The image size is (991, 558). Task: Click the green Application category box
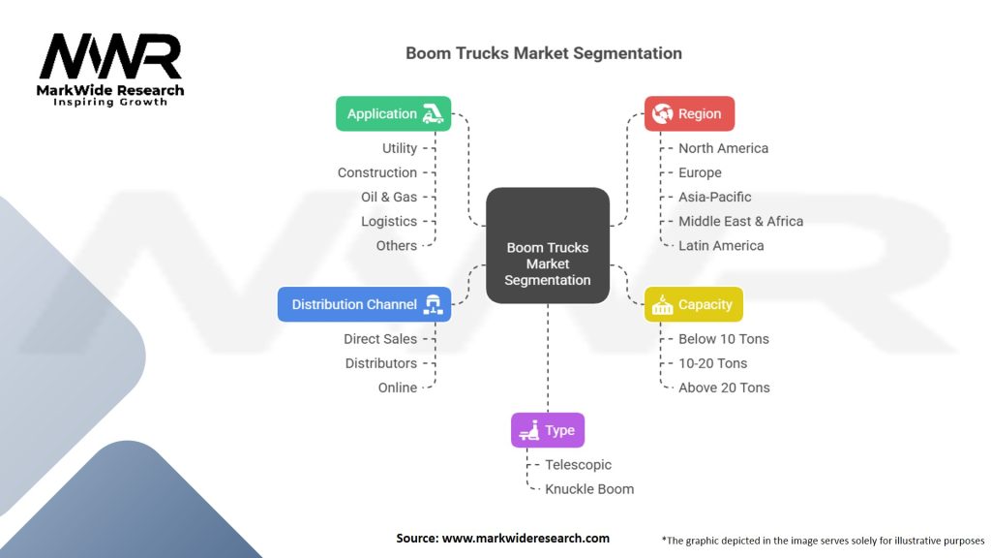(x=393, y=114)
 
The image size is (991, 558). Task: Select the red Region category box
(x=689, y=114)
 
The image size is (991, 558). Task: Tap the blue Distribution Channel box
(x=364, y=304)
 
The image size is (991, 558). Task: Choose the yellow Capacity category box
(x=693, y=304)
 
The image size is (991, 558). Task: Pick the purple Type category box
(x=548, y=430)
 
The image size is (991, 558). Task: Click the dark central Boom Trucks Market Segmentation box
(x=548, y=245)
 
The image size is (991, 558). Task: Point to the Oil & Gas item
(x=389, y=198)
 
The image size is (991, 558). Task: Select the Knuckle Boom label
(x=589, y=489)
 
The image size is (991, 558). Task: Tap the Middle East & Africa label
(x=740, y=222)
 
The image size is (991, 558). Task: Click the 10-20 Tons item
(x=713, y=364)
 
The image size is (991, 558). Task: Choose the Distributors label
(x=381, y=364)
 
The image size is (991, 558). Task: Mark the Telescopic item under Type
(x=579, y=465)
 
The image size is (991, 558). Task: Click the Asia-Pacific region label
(x=715, y=198)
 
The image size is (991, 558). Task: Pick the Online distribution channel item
(x=398, y=387)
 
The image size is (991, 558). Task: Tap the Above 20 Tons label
(x=724, y=387)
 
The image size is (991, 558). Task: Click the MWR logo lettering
(x=110, y=56)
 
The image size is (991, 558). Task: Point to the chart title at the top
(x=544, y=53)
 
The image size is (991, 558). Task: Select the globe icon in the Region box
(x=662, y=114)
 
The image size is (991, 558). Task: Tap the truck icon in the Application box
(x=433, y=114)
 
